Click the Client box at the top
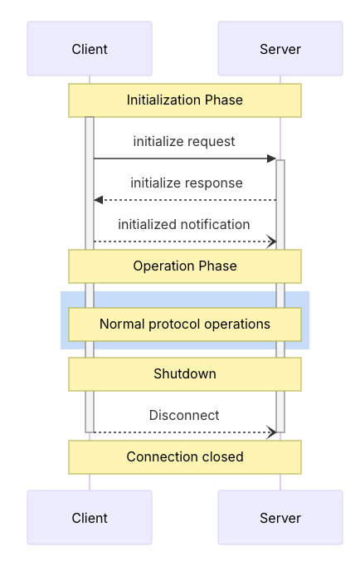click(x=90, y=49)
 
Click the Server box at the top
click(x=280, y=49)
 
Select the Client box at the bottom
click(x=90, y=517)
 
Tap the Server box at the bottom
click(x=280, y=517)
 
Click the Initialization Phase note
click(x=185, y=100)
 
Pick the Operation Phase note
click(x=185, y=266)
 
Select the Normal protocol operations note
click(x=185, y=324)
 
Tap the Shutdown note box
click(x=185, y=374)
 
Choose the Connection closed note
click(x=185, y=457)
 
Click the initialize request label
click(x=184, y=142)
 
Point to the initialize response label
click(x=187, y=183)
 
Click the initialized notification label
click(x=184, y=225)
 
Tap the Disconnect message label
click(x=184, y=416)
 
